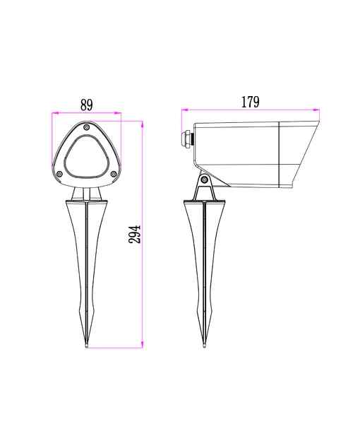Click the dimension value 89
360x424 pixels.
pos(86,105)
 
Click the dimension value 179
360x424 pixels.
pos(250,102)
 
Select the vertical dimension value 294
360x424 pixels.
pos(135,235)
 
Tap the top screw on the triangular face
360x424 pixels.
pos(86,126)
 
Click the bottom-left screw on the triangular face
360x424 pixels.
pos(60,174)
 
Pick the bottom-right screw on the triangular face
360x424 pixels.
pos(114,174)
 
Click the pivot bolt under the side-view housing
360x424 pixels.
pos(205,179)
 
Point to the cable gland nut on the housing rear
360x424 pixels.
pos(186,138)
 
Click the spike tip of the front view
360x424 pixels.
pos(86,346)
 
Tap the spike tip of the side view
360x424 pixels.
pos(205,346)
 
